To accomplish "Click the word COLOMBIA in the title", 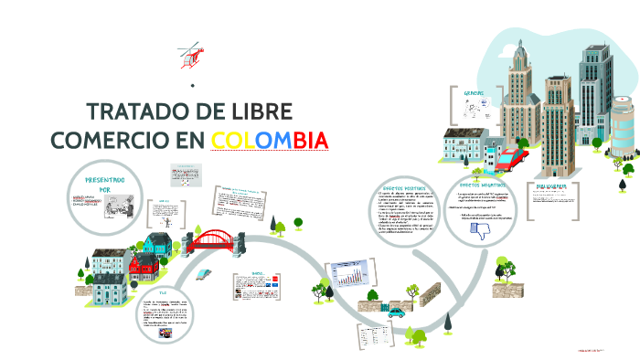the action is click(269, 141).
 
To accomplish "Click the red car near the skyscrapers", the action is click(510, 162).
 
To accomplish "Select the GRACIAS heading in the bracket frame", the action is click(474, 93).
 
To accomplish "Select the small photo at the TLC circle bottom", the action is click(167, 334).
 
